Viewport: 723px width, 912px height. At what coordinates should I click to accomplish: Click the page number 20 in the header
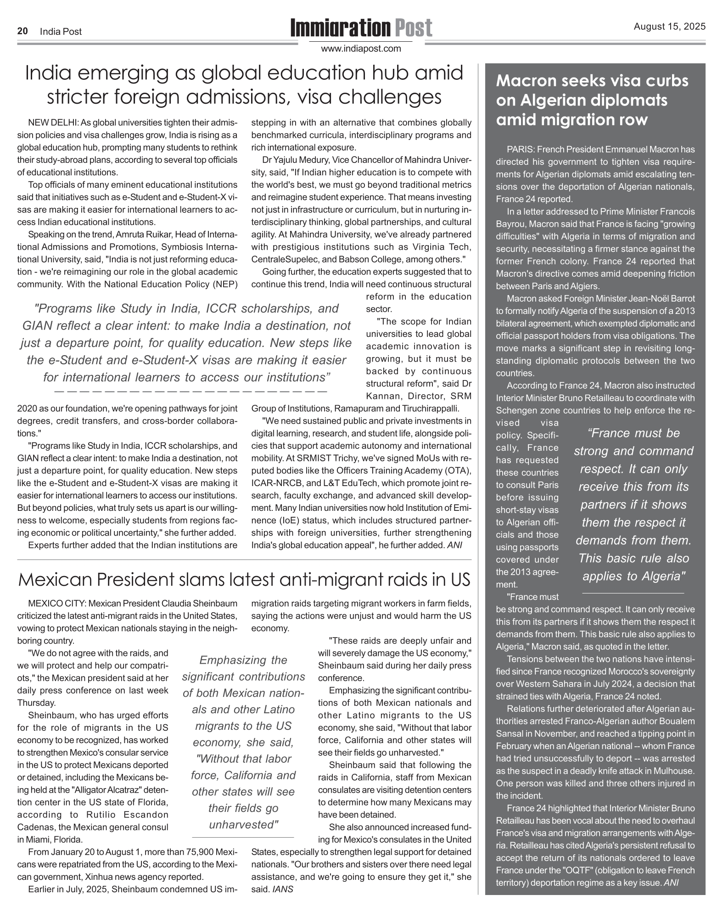[22, 31]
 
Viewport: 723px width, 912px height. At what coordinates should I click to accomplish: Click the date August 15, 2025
[669, 27]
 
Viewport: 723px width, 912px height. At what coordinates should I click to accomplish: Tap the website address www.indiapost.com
[361, 49]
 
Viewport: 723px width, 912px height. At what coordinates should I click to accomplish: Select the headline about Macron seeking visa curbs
[592, 100]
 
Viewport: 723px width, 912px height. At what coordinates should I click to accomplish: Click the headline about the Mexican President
[244, 580]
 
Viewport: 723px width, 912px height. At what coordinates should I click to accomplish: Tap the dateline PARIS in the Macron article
[521, 150]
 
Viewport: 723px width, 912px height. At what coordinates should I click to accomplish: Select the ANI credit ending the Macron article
[671, 883]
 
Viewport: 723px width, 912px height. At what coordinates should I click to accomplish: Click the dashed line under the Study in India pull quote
[191, 392]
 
